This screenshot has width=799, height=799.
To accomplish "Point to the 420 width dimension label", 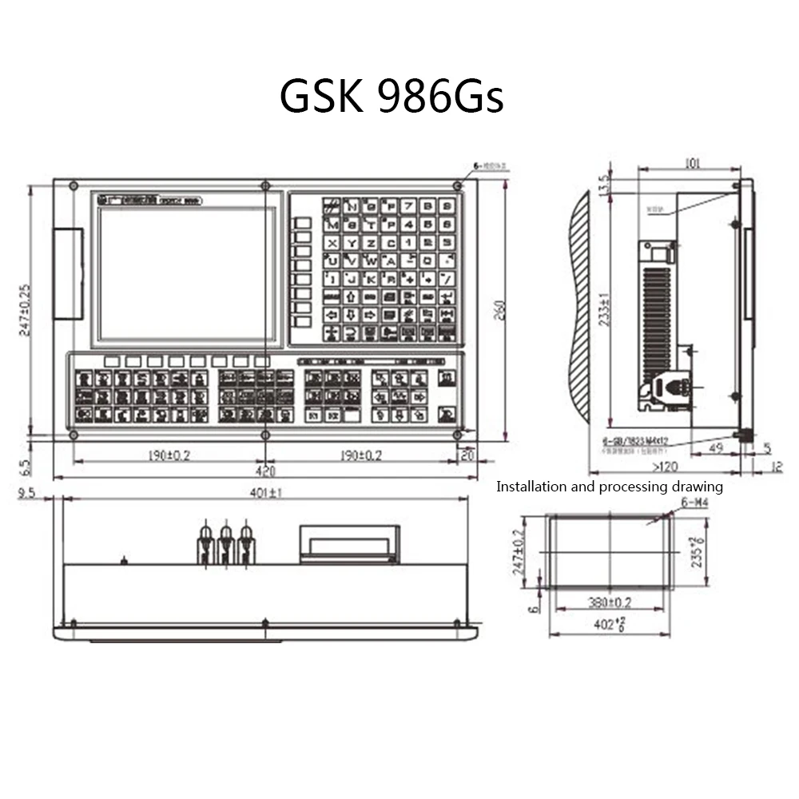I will click(x=266, y=470).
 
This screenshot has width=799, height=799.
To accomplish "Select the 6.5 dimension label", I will click(x=25, y=463).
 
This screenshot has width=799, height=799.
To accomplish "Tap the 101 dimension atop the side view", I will click(x=692, y=164).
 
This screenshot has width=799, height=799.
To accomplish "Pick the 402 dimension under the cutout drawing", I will click(x=608, y=625).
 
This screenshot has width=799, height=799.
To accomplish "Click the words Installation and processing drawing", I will click(x=610, y=486).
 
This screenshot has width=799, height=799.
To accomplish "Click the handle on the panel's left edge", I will click(x=68, y=273).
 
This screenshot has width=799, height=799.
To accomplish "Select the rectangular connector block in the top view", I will click(x=349, y=543).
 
